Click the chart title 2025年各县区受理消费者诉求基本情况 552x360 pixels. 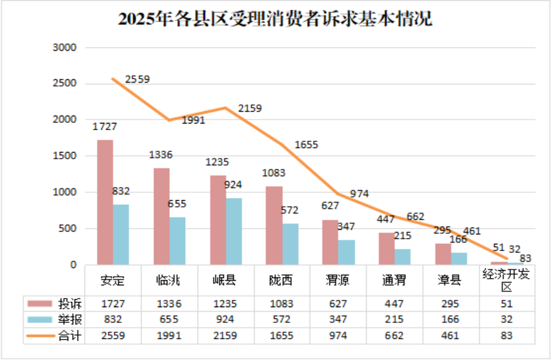[276, 18]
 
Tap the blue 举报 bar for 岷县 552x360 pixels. [233, 231]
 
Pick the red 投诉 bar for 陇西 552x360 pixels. [274, 225]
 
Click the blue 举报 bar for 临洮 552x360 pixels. [177, 241]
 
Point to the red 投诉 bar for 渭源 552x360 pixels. [330, 242]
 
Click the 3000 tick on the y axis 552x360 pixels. [65, 48]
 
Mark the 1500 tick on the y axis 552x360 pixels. [65, 156]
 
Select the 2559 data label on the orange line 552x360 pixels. [138, 79]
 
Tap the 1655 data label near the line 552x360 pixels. [306, 144]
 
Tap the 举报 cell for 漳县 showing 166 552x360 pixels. [451, 319]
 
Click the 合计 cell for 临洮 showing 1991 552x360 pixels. [171, 336]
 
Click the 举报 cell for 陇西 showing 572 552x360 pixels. [282, 319]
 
